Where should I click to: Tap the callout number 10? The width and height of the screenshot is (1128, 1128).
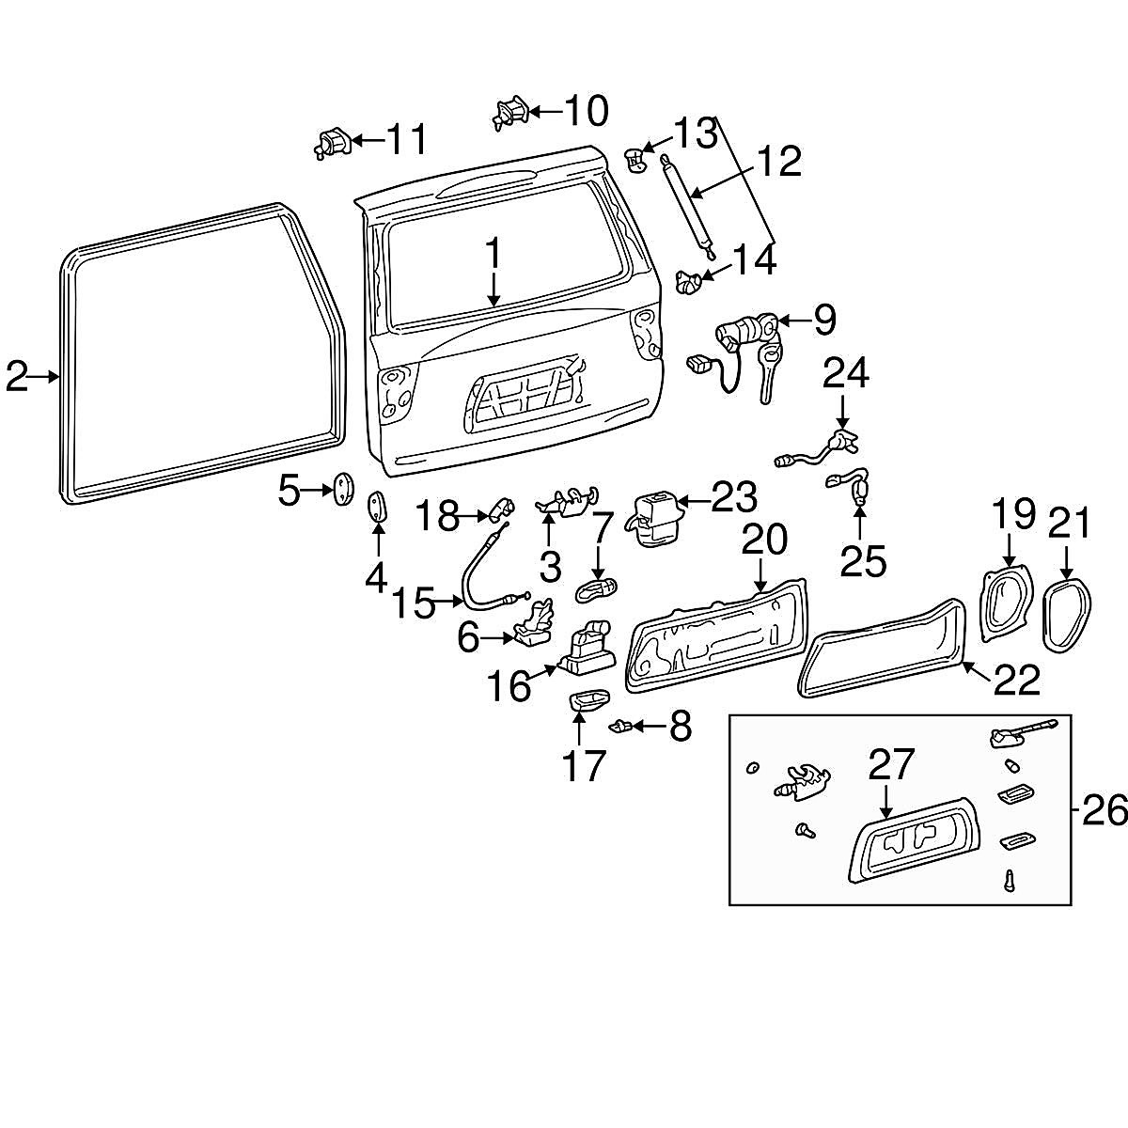(586, 111)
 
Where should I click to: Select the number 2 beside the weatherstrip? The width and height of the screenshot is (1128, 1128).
(16, 376)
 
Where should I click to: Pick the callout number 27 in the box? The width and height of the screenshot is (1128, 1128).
(890, 766)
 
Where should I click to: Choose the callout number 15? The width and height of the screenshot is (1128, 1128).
(415, 603)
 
